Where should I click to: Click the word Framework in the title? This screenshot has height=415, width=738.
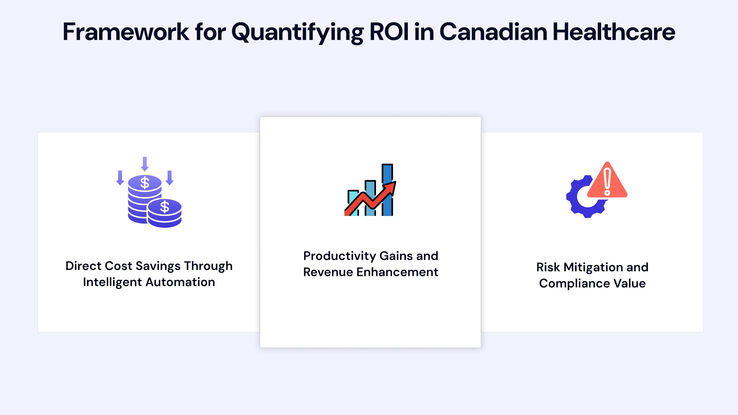[x=126, y=32]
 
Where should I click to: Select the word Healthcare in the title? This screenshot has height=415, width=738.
[x=613, y=32]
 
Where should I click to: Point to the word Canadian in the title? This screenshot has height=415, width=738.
[x=493, y=32]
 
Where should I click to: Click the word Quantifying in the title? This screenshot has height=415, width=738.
[x=297, y=32]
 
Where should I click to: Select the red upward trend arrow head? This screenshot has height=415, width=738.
[x=391, y=187]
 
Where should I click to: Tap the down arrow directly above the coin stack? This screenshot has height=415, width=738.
[x=145, y=164]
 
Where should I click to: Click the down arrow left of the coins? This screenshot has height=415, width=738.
[x=120, y=178]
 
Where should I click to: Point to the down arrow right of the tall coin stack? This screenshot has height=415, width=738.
[x=170, y=178]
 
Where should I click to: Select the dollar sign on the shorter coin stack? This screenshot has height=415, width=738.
[x=165, y=207]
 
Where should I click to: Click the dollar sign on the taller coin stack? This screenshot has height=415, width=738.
[x=145, y=183]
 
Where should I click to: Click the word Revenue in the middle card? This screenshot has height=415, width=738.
[x=328, y=272]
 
